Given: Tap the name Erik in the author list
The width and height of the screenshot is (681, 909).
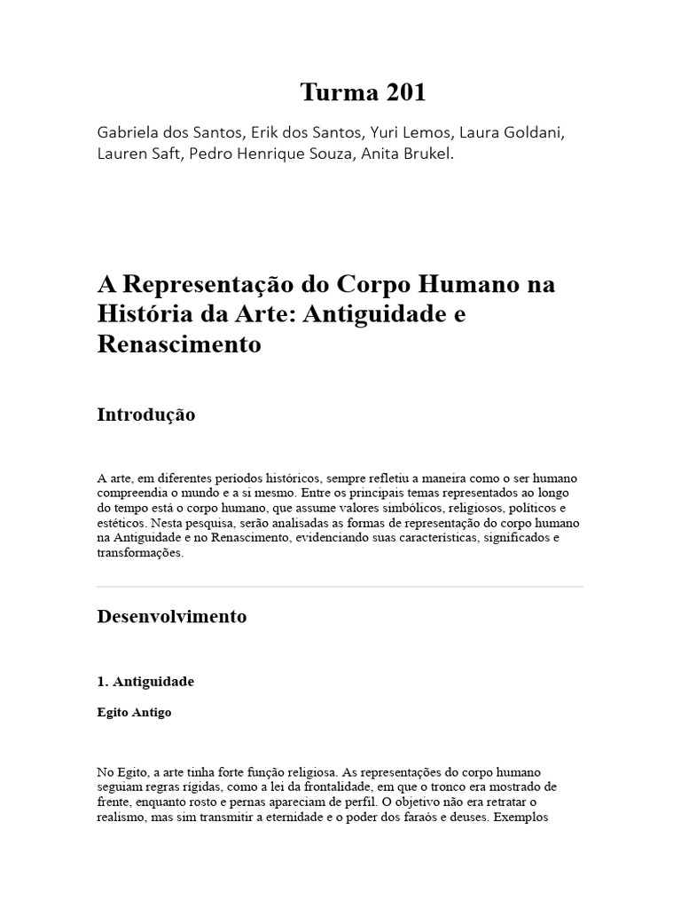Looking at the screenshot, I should pyautogui.click(x=269, y=132).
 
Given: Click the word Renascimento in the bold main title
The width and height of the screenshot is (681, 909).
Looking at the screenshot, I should pyautogui.click(x=178, y=344).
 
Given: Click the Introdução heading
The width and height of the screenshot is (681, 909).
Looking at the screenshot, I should pyautogui.click(x=145, y=415).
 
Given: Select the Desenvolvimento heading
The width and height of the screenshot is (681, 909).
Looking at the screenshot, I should pyautogui.click(x=171, y=616).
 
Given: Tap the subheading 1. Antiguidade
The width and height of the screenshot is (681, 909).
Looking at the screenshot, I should pyautogui.click(x=145, y=682).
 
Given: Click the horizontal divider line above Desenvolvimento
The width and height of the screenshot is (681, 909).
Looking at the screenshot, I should pyautogui.click(x=340, y=586).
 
